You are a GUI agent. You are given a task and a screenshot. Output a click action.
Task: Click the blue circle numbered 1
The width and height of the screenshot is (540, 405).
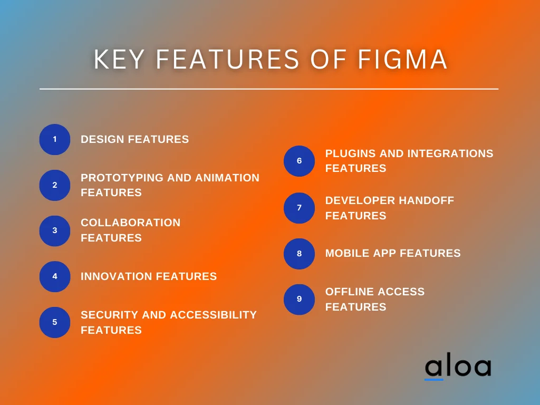[55, 140]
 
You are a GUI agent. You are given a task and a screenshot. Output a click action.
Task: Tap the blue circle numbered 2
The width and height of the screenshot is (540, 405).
[55, 185]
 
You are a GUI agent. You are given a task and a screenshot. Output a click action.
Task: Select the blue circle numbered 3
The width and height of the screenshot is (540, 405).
[55, 230]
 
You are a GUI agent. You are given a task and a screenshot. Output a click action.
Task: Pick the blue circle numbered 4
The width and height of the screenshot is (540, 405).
[55, 276]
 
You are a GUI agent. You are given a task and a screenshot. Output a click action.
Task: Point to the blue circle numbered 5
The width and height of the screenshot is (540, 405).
[55, 322]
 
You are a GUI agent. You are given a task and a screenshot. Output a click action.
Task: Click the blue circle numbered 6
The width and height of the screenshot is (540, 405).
[299, 161]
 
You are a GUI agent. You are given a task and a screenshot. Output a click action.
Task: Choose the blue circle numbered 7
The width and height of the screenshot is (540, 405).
[299, 208]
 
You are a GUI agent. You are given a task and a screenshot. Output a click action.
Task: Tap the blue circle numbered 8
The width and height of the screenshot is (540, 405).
[299, 254]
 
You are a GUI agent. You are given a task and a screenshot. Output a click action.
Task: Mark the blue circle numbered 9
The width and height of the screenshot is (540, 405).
[299, 299]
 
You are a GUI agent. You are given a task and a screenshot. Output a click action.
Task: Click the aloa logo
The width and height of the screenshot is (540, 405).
[457, 368]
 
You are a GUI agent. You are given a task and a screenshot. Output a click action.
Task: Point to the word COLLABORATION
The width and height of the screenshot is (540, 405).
[130, 223]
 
